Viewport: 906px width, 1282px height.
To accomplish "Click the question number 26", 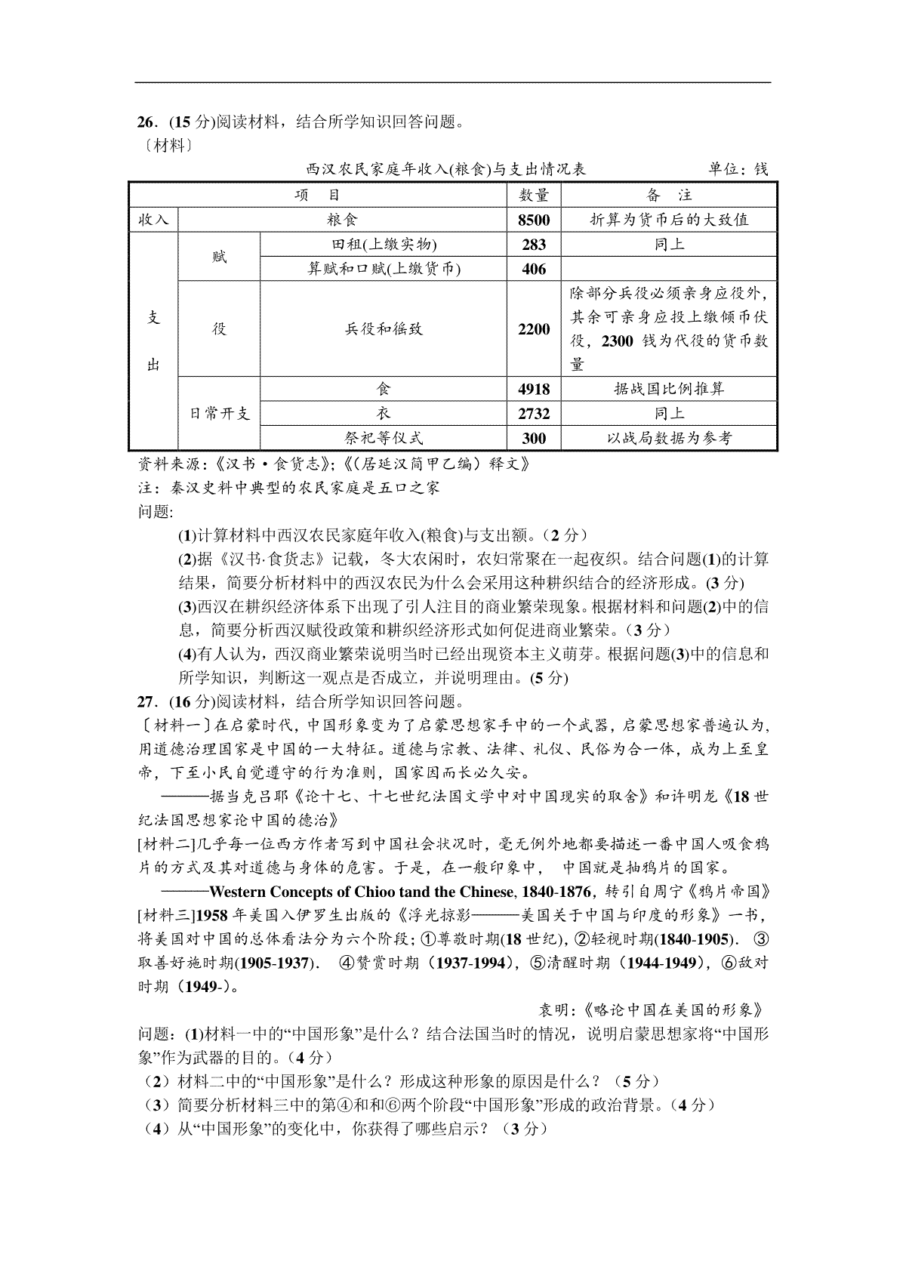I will [145, 122].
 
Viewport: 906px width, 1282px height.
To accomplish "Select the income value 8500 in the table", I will [534, 220].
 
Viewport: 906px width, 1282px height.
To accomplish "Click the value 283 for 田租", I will [534, 245].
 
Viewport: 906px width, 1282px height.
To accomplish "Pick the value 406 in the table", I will [534, 269].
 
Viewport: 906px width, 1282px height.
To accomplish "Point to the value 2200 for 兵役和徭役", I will [534, 329].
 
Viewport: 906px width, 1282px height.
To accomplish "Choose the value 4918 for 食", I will [534, 390].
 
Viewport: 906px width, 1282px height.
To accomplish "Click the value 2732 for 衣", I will [534, 414].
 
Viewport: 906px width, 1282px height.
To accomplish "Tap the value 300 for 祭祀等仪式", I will [534, 439].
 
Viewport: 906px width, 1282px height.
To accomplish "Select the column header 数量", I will [534, 196].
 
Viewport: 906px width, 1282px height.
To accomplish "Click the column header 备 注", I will [669, 196].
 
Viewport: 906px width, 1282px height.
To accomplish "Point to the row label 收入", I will [153, 220].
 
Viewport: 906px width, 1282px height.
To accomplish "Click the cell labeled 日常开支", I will [219, 414].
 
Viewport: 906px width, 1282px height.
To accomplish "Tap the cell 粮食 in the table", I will [342, 220].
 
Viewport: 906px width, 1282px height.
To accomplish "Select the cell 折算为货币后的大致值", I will [669, 220].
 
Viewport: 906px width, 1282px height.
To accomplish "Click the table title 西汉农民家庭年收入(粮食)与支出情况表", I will [446, 170].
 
